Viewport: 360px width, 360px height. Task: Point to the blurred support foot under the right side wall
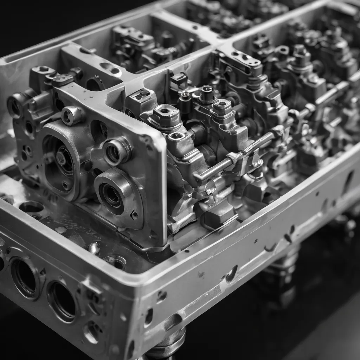pos(285,260)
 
